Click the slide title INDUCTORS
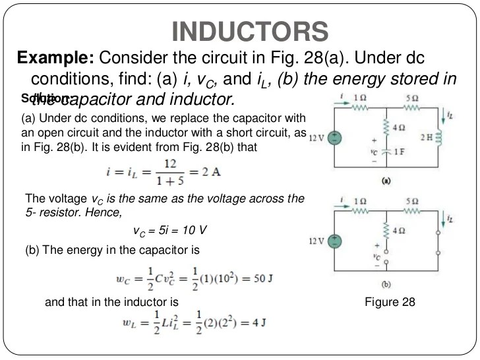click(249, 32)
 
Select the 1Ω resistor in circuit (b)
click(361, 209)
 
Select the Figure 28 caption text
click(390, 303)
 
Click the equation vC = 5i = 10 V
click(170, 231)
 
